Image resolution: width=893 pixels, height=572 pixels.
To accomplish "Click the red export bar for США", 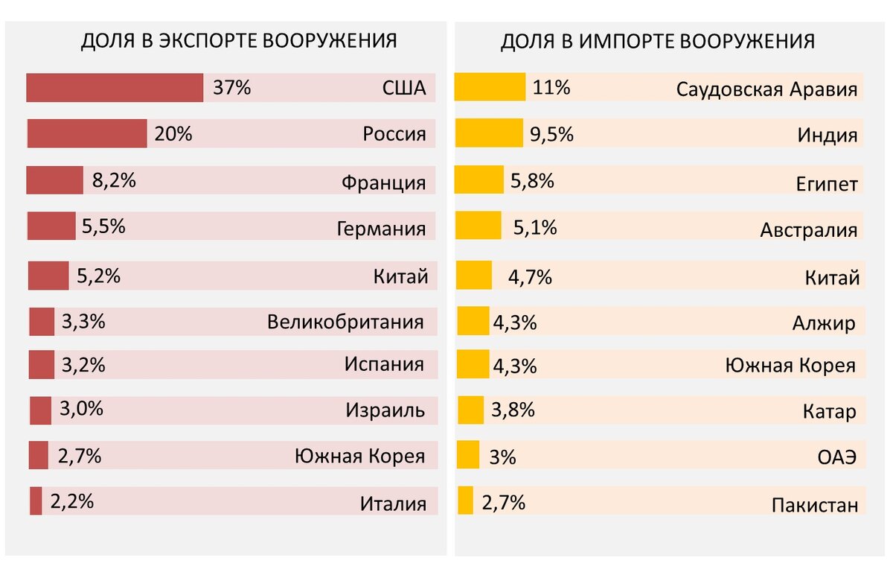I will [115, 88].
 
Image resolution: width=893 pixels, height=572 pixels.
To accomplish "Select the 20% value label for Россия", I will [173, 134].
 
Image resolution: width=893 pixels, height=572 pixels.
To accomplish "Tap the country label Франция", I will [384, 182].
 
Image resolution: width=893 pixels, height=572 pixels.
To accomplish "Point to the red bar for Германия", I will [51, 226].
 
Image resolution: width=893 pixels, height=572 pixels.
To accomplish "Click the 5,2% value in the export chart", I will [98, 276].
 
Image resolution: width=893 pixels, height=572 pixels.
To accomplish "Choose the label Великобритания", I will [345, 322].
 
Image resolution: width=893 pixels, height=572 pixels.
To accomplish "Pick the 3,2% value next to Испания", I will [83, 366].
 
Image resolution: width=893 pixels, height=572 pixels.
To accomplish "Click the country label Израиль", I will [385, 410].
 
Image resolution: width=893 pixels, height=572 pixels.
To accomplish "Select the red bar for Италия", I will [36, 500].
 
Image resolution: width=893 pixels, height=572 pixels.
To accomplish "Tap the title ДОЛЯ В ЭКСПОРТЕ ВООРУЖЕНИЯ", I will [238, 41].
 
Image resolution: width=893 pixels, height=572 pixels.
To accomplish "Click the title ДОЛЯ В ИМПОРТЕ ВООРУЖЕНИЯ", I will [657, 41].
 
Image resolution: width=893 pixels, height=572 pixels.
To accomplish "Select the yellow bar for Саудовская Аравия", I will [490, 88].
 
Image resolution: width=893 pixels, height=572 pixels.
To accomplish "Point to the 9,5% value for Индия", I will [551, 134].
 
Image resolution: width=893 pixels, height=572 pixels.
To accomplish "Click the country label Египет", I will [826, 184].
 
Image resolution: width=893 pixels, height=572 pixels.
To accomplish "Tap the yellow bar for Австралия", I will [478, 226].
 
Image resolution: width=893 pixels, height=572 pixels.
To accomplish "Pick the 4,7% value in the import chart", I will [530, 278].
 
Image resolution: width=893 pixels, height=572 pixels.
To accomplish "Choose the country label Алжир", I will [824, 323].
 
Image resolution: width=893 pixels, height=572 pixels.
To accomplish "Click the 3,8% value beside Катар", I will [513, 410].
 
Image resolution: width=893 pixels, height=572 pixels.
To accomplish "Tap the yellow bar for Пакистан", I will [466, 500].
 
